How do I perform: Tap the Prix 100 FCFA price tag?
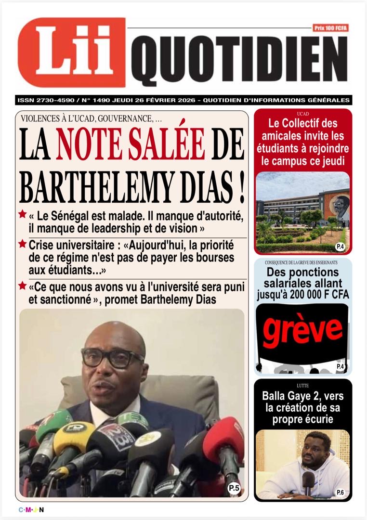[x=330, y=28]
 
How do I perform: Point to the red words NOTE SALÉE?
[x=130, y=143]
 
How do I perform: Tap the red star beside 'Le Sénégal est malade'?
[x=22, y=214]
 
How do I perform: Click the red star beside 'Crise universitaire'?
[x=22, y=244]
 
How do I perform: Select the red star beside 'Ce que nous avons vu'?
[x=22, y=286]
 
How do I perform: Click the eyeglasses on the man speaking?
[x=113, y=358]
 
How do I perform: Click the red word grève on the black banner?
[x=302, y=331]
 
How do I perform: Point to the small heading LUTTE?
[x=303, y=386]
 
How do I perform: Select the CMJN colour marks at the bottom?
[x=31, y=510]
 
